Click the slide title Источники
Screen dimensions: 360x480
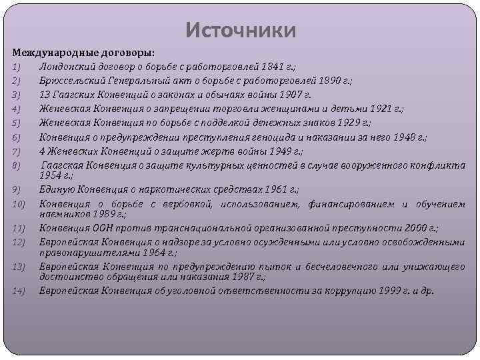(240, 31)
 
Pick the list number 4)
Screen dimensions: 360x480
(17, 109)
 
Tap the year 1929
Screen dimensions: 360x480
(345, 123)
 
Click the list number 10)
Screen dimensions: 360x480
(18, 203)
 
